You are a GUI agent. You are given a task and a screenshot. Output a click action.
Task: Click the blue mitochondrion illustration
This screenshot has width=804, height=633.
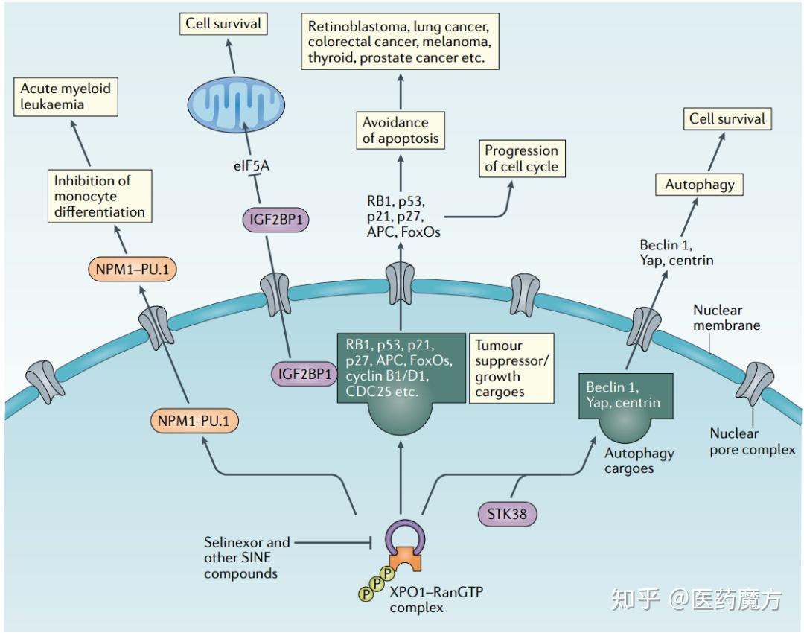(x=236, y=104)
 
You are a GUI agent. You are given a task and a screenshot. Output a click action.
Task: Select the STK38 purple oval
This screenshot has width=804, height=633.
(x=507, y=515)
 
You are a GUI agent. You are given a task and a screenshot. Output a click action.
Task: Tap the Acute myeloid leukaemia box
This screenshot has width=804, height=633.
(x=66, y=96)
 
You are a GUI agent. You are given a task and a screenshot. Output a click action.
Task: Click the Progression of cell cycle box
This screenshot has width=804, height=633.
(x=522, y=159)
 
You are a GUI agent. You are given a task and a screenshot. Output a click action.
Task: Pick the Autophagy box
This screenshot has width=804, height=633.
(x=699, y=185)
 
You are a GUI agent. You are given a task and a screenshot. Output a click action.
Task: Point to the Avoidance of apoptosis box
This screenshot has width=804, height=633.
(x=401, y=130)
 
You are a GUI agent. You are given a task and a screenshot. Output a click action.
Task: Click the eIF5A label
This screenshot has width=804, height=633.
(x=252, y=165)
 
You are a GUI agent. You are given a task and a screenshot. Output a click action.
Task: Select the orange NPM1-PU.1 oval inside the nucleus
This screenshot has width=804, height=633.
(x=194, y=422)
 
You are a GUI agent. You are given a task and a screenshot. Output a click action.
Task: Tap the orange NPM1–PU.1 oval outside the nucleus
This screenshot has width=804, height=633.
(x=133, y=270)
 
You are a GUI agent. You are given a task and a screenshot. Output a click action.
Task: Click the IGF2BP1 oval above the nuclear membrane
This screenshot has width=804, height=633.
(x=276, y=220)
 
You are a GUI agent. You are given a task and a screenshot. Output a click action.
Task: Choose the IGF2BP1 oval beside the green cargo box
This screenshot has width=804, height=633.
(x=304, y=375)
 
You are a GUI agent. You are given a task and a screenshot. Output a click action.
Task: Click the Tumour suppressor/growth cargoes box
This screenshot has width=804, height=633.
(x=511, y=369)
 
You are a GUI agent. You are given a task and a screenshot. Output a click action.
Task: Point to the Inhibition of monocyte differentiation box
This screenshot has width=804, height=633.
(x=100, y=196)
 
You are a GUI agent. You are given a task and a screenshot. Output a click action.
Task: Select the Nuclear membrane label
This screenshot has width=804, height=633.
(x=727, y=317)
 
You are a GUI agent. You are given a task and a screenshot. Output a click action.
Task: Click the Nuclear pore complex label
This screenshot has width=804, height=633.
(x=752, y=442)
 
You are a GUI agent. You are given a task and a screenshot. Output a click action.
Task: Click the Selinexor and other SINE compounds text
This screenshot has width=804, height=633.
(x=247, y=558)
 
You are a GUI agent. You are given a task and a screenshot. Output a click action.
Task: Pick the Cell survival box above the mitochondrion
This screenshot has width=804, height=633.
(x=223, y=24)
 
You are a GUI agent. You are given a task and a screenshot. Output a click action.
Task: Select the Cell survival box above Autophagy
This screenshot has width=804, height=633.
(x=727, y=119)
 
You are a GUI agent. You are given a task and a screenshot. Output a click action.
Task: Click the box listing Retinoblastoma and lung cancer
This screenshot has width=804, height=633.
(x=400, y=42)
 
